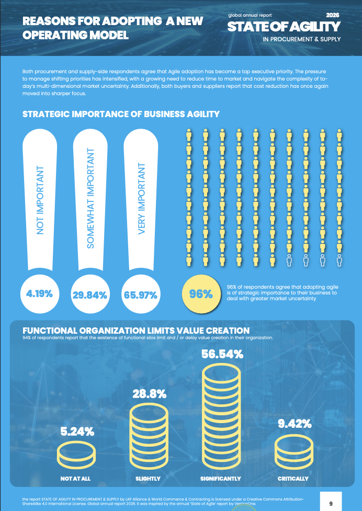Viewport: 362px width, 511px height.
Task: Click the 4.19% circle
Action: (x=40, y=293)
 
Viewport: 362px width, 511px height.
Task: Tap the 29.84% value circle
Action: (x=90, y=294)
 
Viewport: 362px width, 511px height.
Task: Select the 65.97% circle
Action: (x=141, y=294)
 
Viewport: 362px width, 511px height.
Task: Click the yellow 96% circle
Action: (x=201, y=294)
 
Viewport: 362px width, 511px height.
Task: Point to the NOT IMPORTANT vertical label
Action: (x=40, y=200)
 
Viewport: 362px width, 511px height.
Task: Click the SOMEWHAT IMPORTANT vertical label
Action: (x=90, y=198)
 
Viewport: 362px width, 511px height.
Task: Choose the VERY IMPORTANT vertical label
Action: (x=141, y=198)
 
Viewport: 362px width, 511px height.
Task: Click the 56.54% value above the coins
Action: (x=222, y=354)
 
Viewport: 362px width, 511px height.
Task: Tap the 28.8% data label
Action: (x=149, y=394)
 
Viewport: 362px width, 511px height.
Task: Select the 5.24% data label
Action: (x=77, y=432)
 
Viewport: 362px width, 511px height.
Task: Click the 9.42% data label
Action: (x=295, y=424)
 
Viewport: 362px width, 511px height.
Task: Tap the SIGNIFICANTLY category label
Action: (x=221, y=479)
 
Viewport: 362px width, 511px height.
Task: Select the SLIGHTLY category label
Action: (x=148, y=479)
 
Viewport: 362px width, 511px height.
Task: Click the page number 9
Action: (x=331, y=504)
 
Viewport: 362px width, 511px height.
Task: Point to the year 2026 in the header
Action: (x=333, y=15)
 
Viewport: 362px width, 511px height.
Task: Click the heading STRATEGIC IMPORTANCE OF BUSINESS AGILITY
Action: (x=121, y=114)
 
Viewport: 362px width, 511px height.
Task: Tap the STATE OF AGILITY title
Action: (x=284, y=27)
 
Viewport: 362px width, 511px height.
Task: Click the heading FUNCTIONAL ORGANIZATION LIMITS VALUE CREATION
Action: (x=136, y=331)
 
